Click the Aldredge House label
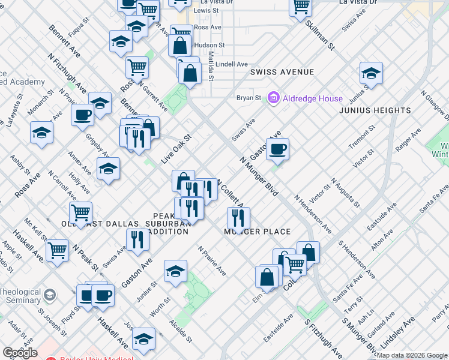pos(313,98)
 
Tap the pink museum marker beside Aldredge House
pos(274,97)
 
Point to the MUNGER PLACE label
pos(258,232)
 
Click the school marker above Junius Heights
pos(371,74)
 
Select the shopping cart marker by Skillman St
pos(300,7)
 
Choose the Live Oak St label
pos(175,149)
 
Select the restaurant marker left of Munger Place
pos(238,218)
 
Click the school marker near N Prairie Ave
pos(175,271)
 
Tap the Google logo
pos(20,353)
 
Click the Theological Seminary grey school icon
pos(49,296)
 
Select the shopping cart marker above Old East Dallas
pos(80,211)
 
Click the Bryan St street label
pos(249,98)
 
